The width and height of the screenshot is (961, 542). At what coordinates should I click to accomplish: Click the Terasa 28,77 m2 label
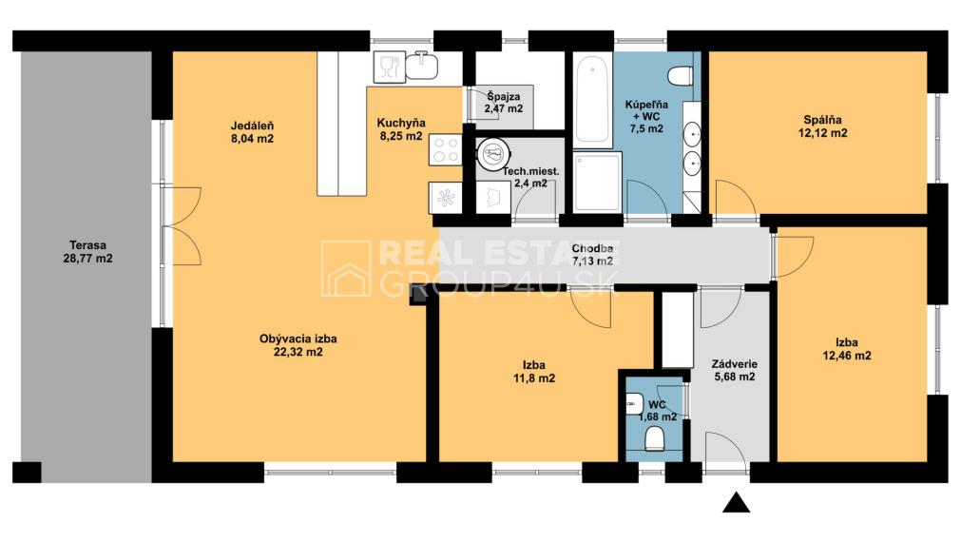[x=87, y=252]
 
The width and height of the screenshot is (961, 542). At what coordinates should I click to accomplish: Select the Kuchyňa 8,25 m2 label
[x=401, y=129]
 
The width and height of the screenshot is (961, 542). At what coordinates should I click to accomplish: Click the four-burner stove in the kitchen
[x=446, y=149]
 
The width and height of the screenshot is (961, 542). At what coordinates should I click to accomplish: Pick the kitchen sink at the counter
[x=422, y=67]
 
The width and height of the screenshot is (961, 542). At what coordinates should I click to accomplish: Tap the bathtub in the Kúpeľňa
[x=593, y=101]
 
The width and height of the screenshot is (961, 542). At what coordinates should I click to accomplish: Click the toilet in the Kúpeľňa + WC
[x=681, y=76]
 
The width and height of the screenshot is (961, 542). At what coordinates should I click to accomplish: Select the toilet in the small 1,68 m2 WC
[x=655, y=438]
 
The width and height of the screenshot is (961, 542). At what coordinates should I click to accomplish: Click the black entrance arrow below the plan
[x=736, y=502]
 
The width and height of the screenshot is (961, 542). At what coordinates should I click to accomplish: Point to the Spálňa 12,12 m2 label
[x=822, y=126]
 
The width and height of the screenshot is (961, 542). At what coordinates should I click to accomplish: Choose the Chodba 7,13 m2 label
[x=592, y=255]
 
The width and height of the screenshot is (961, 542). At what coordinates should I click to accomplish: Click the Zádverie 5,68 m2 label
[x=734, y=370]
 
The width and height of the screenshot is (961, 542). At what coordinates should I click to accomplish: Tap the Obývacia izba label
[x=298, y=344]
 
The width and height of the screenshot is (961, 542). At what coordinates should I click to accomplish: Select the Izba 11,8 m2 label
[x=534, y=372]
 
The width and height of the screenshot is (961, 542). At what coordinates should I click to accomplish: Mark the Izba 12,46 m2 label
[x=846, y=349]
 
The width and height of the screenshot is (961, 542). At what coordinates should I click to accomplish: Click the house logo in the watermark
[x=346, y=268]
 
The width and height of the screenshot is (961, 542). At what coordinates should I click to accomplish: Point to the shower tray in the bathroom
[x=598, y=183]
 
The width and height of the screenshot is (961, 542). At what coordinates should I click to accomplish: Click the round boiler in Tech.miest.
[x=493, y=154]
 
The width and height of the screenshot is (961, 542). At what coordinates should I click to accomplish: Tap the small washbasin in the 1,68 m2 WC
[x=634, y=404]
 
